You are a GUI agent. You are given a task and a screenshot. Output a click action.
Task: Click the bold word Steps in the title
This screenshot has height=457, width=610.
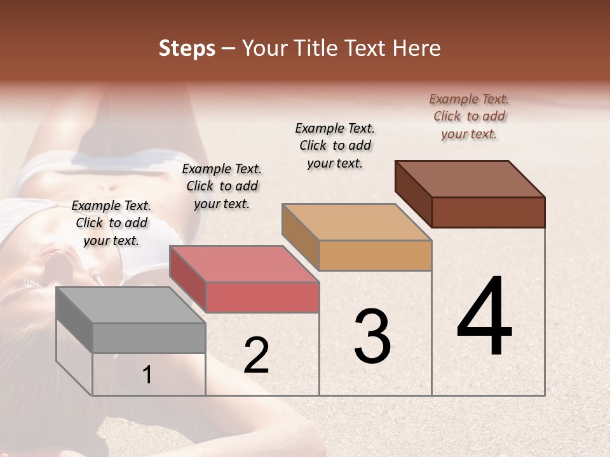click(187, 48)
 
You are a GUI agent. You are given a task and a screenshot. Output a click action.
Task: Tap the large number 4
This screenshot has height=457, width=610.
click(484, 317)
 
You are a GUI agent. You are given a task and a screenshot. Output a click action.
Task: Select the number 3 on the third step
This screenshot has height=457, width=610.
click(372, 336)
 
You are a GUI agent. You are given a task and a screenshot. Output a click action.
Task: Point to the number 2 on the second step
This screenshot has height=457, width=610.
click(256, 355)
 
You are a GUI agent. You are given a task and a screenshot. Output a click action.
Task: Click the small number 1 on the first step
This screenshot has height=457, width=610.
click(147, 374)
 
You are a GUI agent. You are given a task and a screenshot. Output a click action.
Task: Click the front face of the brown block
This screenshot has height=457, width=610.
click(488, 212)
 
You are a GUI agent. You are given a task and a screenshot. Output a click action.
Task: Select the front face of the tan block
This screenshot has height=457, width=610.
click(375, 255)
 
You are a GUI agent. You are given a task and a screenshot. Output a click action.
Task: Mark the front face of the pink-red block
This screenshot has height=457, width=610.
click(262, 297)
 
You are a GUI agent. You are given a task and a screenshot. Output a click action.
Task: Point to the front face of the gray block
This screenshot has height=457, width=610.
click(149, 338)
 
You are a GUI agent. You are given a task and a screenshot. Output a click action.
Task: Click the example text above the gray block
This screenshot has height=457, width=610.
click(111, 223)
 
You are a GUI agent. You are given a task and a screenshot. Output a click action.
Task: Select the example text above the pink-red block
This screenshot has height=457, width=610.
click(222, 186)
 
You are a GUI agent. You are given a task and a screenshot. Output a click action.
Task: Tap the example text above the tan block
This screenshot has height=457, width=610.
click(335, 145)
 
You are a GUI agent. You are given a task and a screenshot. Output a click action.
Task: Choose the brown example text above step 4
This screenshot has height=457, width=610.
click(469, 116)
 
